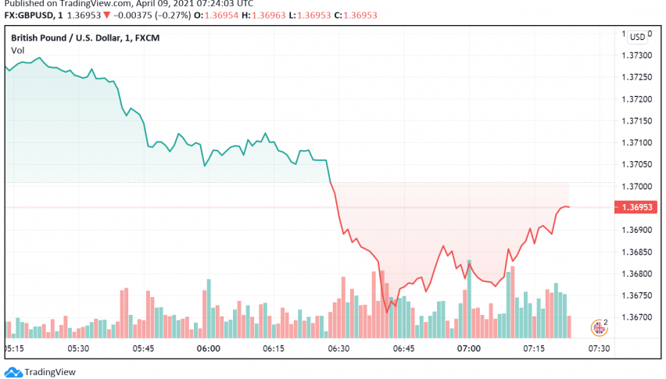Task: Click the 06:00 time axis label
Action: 208,349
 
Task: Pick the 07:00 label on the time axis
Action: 469,349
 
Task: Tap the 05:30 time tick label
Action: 78,349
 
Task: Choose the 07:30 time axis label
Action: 600,349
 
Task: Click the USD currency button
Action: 638,37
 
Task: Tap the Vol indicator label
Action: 18,51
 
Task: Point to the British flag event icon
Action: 600,326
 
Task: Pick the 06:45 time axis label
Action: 403,349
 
